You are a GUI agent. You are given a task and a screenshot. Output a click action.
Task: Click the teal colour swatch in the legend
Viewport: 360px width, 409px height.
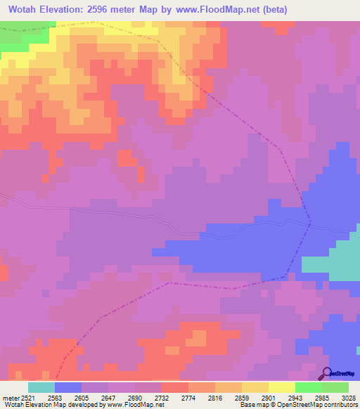41,387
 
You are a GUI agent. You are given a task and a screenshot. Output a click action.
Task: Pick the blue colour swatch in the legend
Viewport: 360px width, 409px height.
67,387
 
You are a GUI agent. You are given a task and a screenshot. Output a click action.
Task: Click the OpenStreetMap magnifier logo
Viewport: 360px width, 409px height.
326,373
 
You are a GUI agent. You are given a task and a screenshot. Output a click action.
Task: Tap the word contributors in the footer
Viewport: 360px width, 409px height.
342,405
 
